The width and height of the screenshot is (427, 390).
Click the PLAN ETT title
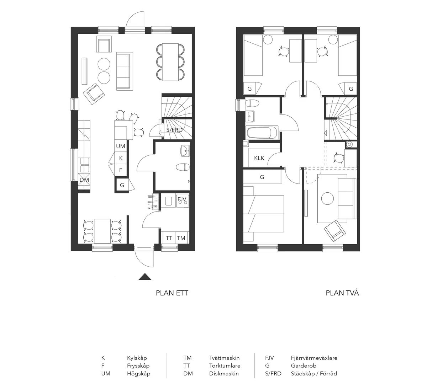pos(172,293)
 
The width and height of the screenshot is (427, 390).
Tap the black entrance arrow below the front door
pos(145,277)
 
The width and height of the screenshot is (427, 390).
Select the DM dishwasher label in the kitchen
pos(84,180)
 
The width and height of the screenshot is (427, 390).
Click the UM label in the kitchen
pos(121,146)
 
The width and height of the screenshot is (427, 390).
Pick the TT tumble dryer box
pos(169,238)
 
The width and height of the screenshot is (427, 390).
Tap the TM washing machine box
pos(181,238)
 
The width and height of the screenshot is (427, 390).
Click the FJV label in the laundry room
pos(182,199)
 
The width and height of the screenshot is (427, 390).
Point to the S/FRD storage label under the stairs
pos(174,130)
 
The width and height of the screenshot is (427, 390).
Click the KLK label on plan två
pos(259,158)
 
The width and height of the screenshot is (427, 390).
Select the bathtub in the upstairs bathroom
pos(262,133)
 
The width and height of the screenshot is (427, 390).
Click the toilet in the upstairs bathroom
pos(252,103)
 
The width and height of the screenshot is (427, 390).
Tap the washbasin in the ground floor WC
pos(185,151)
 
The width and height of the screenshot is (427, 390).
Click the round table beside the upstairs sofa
pos(327,198)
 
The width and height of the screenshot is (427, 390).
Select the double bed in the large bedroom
pos(264,214)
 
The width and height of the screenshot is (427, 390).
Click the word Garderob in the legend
pos(304,365)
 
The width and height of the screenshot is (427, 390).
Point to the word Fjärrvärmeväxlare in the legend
pos(314,358)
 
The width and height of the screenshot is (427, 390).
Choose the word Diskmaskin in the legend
pos(224,373)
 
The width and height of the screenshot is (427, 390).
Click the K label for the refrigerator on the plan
pos(121,158)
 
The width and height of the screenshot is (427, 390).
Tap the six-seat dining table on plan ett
pos(170,62)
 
